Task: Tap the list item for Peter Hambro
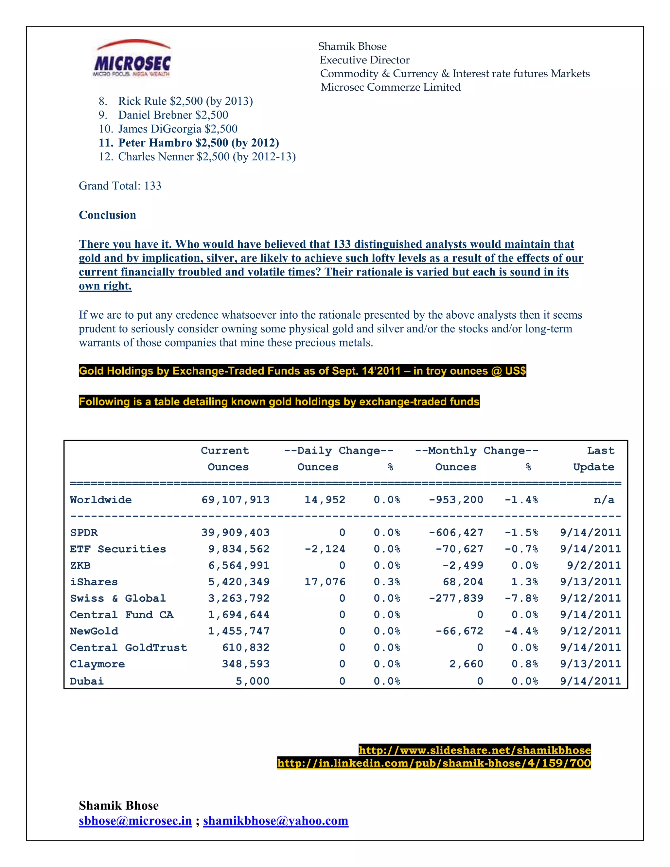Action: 189,143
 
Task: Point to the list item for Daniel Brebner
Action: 164,115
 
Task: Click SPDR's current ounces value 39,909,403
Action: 235,532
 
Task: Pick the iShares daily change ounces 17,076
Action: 325,582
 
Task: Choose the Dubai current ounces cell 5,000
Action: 253,681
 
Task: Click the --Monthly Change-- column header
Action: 476,451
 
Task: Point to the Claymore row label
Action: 97,664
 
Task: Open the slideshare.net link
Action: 475,750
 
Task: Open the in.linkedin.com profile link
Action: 434,763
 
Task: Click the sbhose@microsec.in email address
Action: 135,821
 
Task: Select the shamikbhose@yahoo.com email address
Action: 275,821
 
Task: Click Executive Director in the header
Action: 364,60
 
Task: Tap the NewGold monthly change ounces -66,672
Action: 459,631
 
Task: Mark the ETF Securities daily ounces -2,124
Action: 325,549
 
